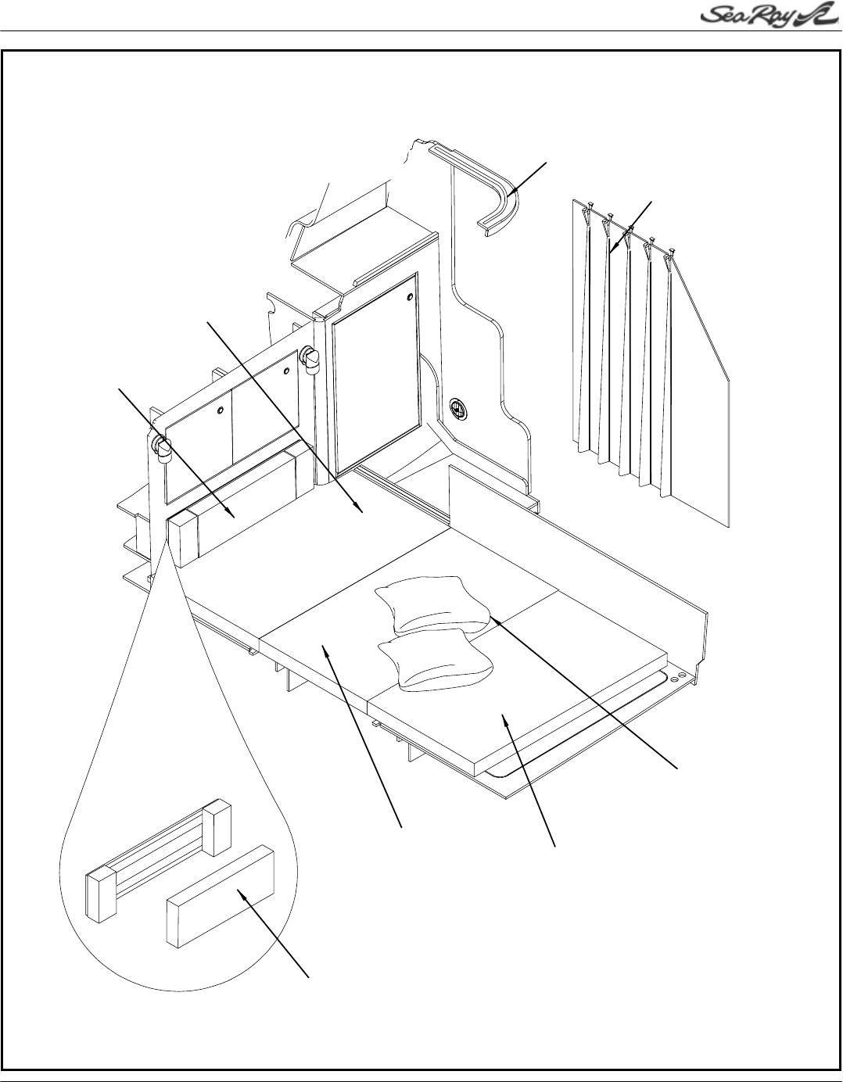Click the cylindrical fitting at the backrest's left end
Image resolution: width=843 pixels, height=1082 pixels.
tap(162, 448)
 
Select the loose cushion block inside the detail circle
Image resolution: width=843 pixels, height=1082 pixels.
tap(221, 899)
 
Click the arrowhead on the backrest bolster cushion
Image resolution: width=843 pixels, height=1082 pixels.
tap(232, 514)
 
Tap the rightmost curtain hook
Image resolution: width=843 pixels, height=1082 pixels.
tap(672, 252)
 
